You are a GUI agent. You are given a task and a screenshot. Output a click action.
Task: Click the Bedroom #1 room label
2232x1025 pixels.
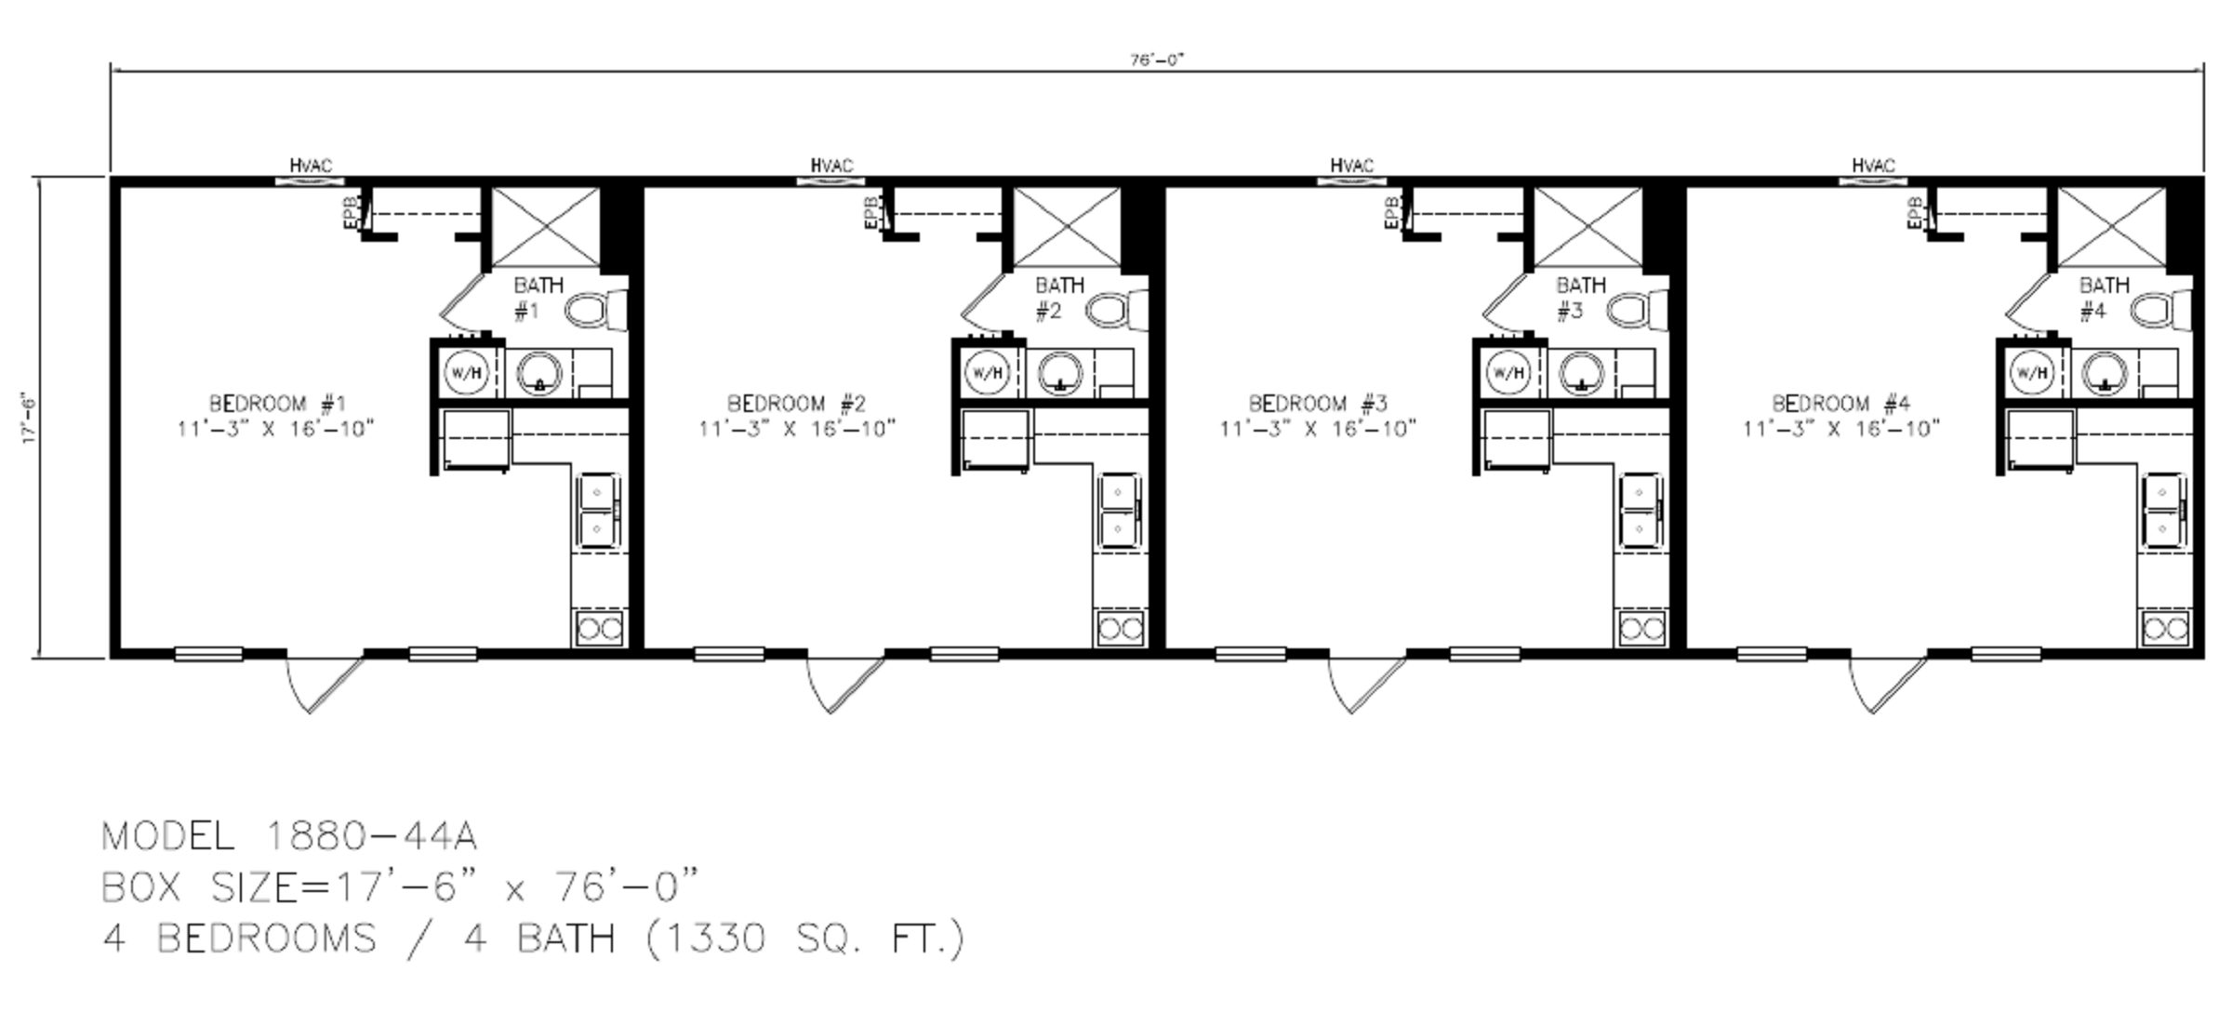point(277,404)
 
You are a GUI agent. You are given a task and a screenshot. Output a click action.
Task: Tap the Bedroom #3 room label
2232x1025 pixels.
point(1317,404)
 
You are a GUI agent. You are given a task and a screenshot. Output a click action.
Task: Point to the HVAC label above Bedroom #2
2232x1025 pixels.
point(830,166)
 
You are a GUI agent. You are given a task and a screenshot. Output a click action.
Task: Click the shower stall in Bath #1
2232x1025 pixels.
point(545,227)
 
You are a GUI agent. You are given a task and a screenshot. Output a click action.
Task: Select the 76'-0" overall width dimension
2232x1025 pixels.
point(1157,60)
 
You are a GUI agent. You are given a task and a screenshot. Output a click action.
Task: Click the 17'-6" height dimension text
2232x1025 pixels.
point(30,419)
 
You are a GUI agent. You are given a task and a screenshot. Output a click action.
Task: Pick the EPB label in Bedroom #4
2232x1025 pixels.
point(1914,213)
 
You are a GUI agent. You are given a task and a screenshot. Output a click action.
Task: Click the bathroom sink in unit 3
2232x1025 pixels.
point(1581,373)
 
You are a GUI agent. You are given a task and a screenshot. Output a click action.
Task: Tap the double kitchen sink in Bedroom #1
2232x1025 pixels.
point(597,510)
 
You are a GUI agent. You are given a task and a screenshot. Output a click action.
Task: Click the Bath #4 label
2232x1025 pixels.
point(2103,298)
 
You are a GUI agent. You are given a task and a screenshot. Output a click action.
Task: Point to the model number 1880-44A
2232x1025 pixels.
point(371,836)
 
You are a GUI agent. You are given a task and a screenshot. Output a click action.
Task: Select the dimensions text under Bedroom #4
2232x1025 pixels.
point(1840,429)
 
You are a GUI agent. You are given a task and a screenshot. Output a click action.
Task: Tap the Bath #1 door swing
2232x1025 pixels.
point(464,302)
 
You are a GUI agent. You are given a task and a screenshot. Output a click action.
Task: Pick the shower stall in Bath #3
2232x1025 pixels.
point(1588,227)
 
